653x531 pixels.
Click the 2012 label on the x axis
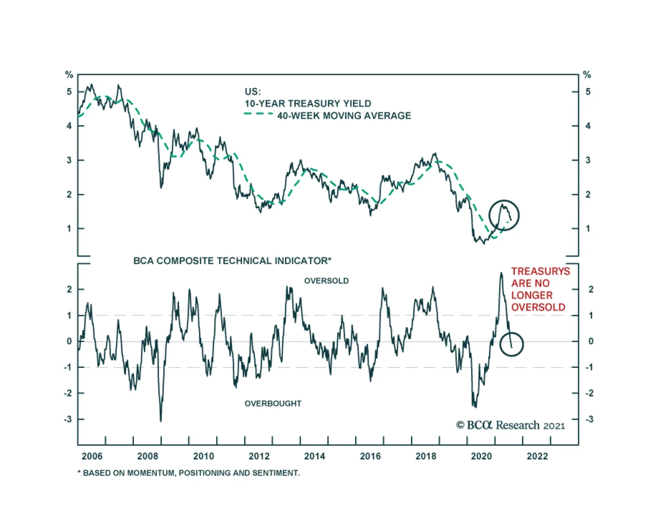259,456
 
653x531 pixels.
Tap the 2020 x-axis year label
482,456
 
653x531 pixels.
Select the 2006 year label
92,456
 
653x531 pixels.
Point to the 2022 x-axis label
537,456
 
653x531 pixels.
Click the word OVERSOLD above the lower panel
326,281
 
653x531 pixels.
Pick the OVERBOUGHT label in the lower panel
273,403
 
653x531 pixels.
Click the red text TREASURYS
540,271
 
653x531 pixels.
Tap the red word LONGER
532,295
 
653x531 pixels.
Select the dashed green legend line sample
258,114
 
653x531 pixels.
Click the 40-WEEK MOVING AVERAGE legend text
344,116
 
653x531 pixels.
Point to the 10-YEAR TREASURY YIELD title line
308,104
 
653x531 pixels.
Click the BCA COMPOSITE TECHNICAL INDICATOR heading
232,261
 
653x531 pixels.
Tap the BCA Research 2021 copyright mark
510,425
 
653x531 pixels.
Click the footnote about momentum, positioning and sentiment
189,473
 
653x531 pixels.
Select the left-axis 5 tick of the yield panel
69,92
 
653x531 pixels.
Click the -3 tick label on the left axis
67,419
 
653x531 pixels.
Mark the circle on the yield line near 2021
504,215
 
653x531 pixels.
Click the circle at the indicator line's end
511,344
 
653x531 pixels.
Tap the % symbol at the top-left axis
69,75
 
